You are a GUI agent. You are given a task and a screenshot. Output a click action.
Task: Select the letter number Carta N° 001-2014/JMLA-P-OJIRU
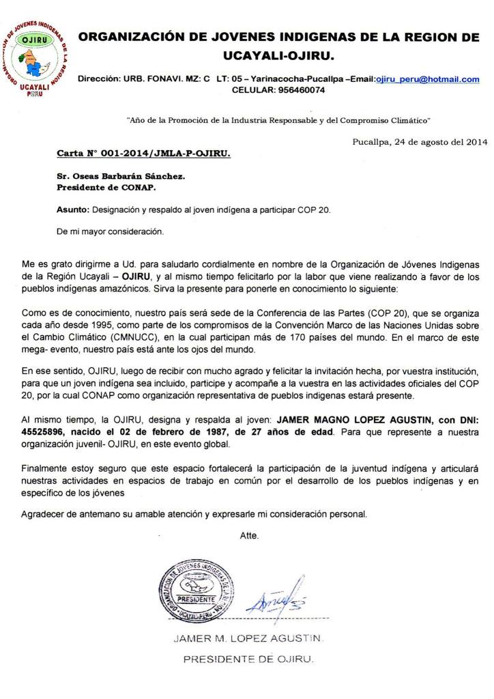pyautogui.click(x=143, y=154)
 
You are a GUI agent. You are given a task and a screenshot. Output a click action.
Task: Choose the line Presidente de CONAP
pyautogui.click(x=106, y=187)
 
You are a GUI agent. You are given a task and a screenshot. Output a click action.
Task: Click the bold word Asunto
pyautogui.click(x=72, y=209)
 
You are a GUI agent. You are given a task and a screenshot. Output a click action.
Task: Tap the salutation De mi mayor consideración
pyautogui.click(x=111, y=231)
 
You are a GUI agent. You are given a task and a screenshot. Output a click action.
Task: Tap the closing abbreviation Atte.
pyautogui.click(x=249, y=535)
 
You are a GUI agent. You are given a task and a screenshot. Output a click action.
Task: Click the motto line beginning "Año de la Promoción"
pyautogui.click(x=278, y=119)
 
